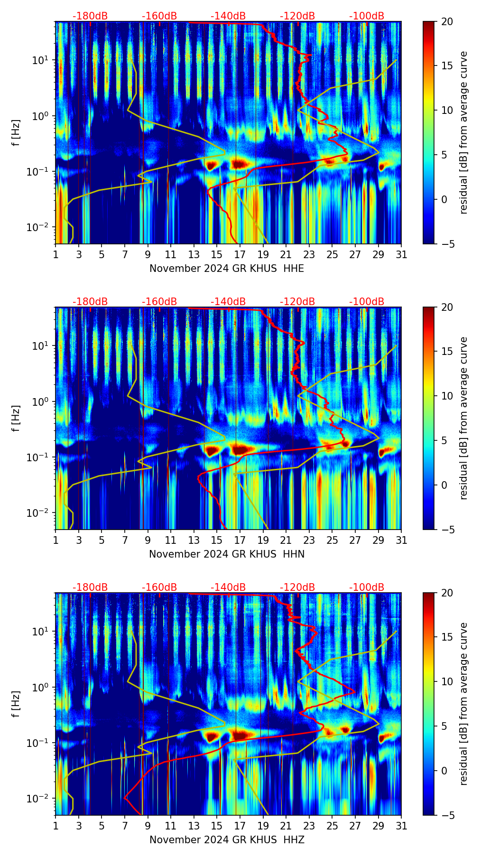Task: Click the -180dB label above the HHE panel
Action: click(90, 16)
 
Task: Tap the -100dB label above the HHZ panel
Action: click(367, 587)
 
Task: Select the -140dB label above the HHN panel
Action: click(228, 302)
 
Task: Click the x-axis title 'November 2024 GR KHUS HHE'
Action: click(227, 269)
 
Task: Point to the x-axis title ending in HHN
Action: click(227, 554)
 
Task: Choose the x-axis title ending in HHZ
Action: click(227, 840)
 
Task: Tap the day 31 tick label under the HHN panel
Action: click(401, 540)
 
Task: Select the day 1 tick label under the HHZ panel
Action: click(56, 826)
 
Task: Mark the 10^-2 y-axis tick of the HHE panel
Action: click(39, 227)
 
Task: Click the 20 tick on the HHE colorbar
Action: click(447, 21)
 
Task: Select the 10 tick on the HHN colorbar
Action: click(447, 396)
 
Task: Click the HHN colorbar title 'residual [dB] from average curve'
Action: click(463, 418)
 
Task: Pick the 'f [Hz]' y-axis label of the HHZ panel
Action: click(16, 704)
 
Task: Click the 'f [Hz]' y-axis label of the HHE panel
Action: click(16, 133)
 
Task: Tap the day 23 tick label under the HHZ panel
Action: click(309, 826)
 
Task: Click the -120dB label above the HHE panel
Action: click(297, 16)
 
